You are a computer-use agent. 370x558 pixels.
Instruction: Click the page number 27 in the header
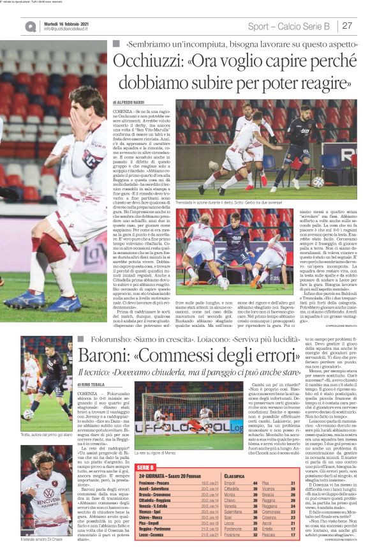[x=348, y=26]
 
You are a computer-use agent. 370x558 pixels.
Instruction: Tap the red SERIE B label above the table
[x=145, y=469]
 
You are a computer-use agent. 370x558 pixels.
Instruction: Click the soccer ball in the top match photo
[x=317, y=182]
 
